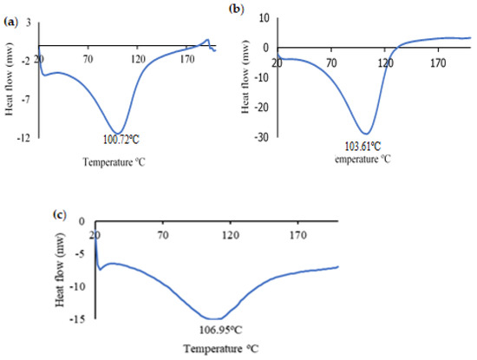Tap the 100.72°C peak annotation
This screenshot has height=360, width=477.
tap(119, 140)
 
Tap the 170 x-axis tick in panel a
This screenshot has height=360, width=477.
tap(186, 59)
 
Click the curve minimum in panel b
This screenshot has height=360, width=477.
tap(368, 134)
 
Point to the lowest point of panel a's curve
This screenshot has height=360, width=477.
tap(119, 132)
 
